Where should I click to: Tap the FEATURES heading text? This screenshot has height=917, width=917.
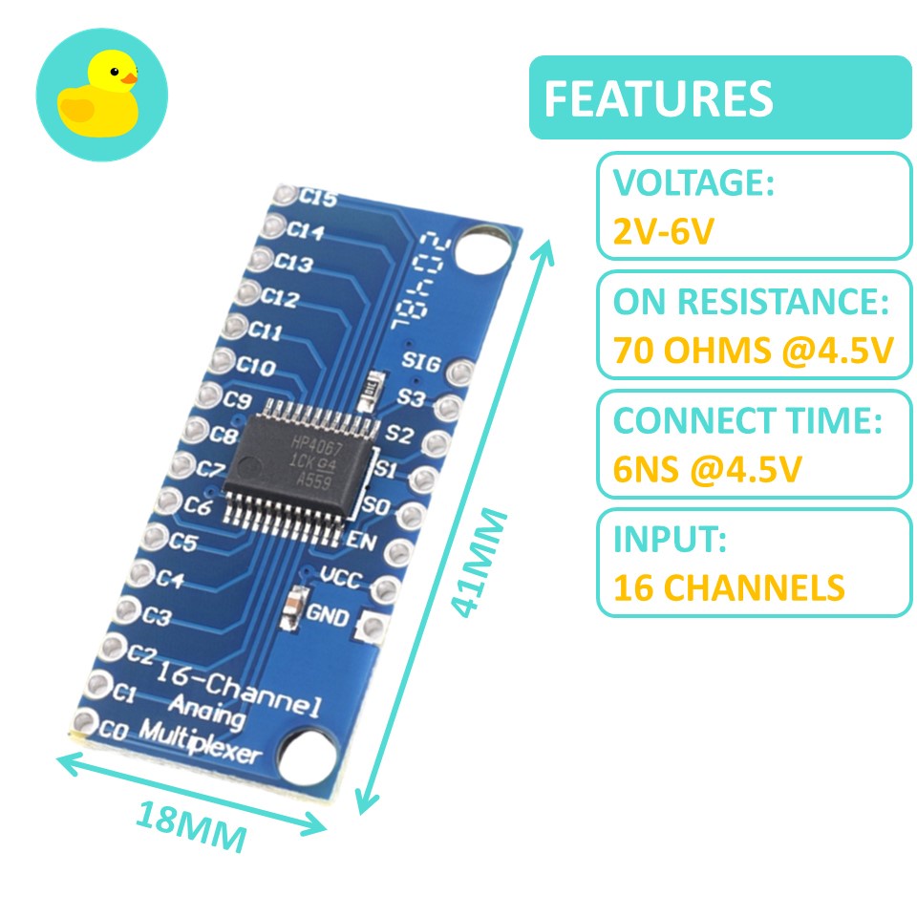tap(658, 98)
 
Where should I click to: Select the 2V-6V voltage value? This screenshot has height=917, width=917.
tap(663, 230)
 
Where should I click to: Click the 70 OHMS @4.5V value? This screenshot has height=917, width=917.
tap(753, 351)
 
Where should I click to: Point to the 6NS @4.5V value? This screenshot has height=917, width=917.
tap(707, 469)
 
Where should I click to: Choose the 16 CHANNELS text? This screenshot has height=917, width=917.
tap(729, 587)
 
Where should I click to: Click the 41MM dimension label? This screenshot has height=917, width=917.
tap(479, 564)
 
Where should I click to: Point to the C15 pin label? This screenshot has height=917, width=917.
tap(318, 199)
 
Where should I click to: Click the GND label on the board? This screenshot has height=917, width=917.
tap(328, 616)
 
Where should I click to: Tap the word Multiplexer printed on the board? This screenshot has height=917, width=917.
tap(201, 743)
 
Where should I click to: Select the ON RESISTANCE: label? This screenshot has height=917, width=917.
tap(751, 303)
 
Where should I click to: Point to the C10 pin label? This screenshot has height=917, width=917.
tap(257, 366)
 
